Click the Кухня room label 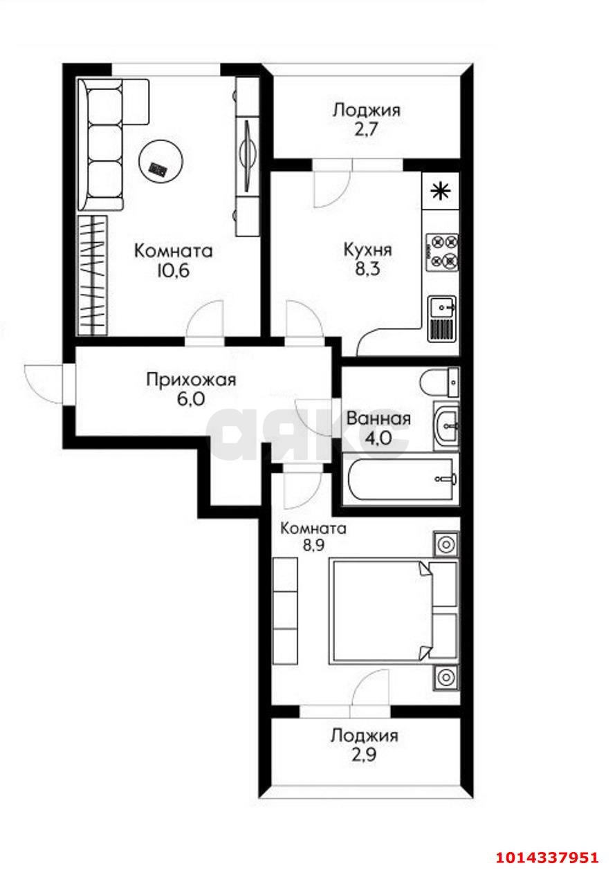(367, 250)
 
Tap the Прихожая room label (191, 380)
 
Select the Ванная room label (378, 418)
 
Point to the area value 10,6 (172, 270)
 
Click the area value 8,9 (313, 544)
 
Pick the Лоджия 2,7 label (366, 110)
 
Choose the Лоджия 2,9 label (364, 735)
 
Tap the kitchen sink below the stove (442, 319)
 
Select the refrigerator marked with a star (441, 191)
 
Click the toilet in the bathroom (440, 382)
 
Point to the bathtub (401, 479)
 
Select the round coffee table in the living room (160, 161)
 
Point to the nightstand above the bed (446, 544)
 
